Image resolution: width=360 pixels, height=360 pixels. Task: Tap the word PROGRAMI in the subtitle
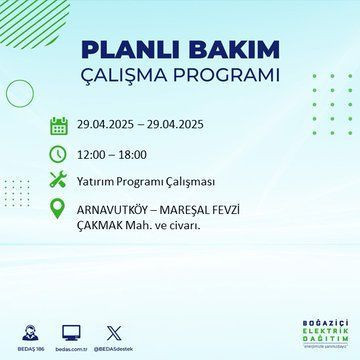229,76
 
